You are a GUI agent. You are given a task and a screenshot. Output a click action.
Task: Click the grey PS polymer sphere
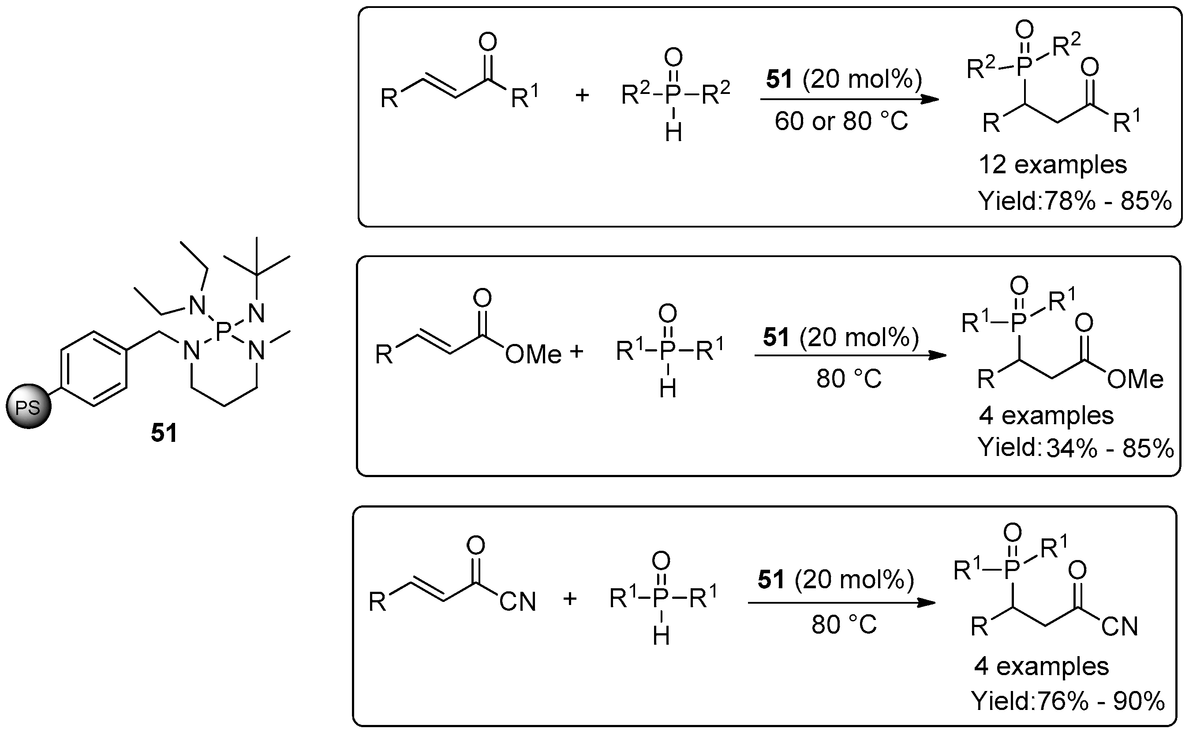click(x=28, y=407)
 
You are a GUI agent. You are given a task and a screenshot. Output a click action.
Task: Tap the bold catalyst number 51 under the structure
click(x=164, y=432)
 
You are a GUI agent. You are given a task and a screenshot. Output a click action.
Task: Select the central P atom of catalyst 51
click(x=224, y=332)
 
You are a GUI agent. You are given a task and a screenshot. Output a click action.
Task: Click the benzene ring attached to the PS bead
click(x=94, y=369)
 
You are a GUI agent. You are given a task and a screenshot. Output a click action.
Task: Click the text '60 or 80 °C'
click(x=841, y=121)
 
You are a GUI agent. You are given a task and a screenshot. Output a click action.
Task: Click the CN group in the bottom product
click(x=1119, y=627)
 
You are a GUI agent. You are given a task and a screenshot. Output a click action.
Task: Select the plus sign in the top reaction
click(x=581, y=95)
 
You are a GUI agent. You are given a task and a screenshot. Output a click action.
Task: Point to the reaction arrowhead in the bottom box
click(x=926, y=603)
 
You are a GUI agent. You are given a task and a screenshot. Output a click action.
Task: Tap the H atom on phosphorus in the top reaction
click(x=673, y=132)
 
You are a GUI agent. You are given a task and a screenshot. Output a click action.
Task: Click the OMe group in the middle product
click(x=1135, y=379)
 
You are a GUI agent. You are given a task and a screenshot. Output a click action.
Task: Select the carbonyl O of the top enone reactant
click(x=487, y=43)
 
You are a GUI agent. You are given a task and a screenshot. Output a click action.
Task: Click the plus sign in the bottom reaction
click(x=570, y=599)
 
